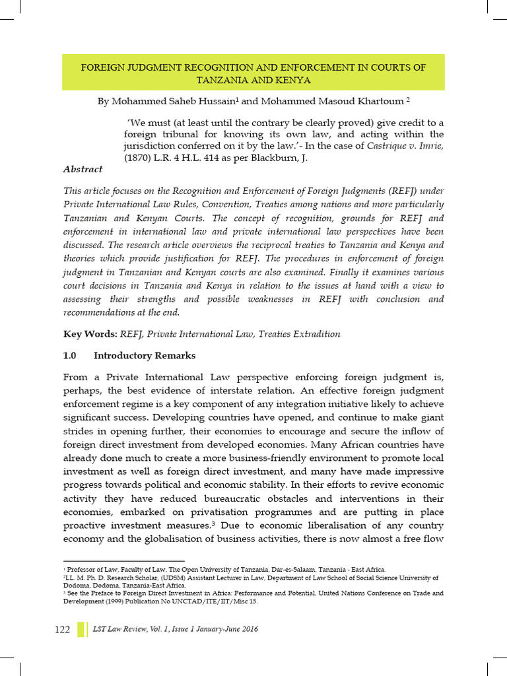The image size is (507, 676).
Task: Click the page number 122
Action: tap(62, 629)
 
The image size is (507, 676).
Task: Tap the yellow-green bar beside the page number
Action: tap(81, 629)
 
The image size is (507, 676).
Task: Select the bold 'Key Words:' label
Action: tap(90, 334)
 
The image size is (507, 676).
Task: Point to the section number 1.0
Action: tap(70, 356)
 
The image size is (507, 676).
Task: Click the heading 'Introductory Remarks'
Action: tap(145, 356)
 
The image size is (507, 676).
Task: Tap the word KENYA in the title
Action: tap(292, 80)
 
